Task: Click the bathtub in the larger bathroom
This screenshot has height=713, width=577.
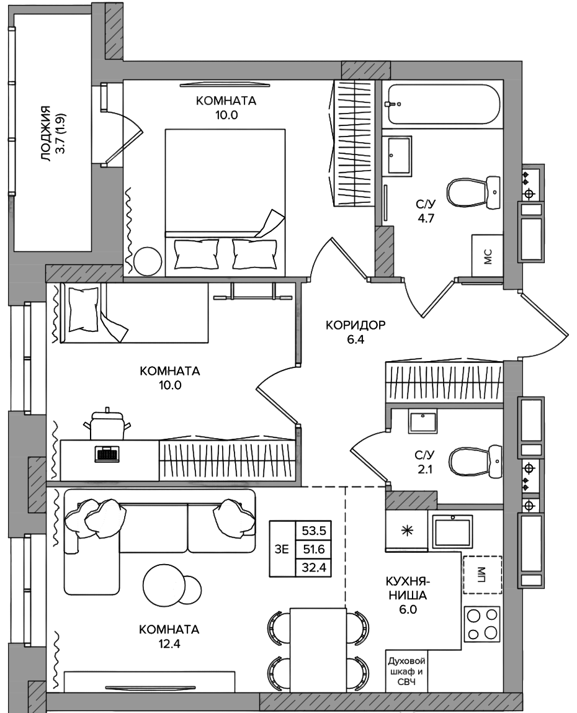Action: coord(444,104)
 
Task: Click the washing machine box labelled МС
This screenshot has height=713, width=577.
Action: coord(487,256)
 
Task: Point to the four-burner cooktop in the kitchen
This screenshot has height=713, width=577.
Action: coord(482,624)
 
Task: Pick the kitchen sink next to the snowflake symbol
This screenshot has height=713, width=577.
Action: coord(452,532)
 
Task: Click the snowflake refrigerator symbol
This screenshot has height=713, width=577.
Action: coord(407,531)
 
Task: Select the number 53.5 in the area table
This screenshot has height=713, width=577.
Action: coord(313,530)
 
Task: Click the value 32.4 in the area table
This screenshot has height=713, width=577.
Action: coord(313,568)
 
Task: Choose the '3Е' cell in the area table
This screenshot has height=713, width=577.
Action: coord(282,549)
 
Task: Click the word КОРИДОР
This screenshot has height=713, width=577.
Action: coord(356,325)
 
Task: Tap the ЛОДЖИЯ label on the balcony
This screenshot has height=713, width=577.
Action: coord(45,133)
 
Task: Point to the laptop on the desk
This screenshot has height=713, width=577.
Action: coord(107,454)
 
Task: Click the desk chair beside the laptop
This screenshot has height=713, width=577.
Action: coord(107,424)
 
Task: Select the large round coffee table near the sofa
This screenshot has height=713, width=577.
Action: coord(164,586)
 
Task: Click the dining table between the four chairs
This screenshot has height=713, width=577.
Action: coord(318,649)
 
